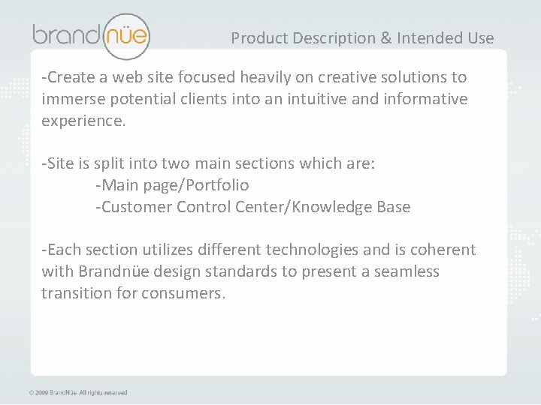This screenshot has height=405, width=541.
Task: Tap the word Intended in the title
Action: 422,37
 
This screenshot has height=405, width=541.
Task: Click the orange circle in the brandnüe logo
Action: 125,34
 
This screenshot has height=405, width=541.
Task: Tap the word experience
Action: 83,121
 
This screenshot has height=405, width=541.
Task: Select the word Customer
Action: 135,207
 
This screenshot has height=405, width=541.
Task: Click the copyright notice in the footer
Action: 77,392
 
